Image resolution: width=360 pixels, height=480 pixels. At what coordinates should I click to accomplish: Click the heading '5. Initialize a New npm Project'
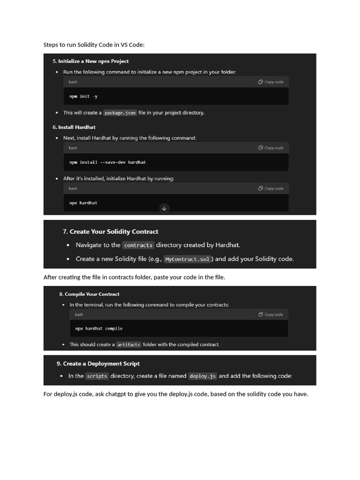click(x=90, y=61)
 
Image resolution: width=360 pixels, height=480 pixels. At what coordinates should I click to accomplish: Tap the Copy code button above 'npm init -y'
click(x=271, y=82)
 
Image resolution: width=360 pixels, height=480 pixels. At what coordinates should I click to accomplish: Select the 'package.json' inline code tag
click(x=120, y=113)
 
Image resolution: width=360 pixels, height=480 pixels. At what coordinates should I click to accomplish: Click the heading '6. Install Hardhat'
click(x=74, y=127)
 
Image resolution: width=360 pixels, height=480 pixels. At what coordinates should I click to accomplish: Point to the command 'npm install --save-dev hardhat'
click(x=107, y=162)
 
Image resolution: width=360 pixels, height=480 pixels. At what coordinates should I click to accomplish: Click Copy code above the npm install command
click(x=271, y=148)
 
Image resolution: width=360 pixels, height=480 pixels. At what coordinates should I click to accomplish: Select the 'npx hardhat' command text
click(x=83, y=203)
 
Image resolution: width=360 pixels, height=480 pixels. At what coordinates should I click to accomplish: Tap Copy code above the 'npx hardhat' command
click(x=271, y=188)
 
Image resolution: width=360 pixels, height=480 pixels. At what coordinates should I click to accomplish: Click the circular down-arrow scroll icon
click(x=164, y=208)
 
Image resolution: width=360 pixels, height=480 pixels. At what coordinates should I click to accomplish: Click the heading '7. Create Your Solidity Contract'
click(x=110, y=232)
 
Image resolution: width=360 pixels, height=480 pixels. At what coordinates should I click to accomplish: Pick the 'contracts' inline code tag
click(x=138, y=245)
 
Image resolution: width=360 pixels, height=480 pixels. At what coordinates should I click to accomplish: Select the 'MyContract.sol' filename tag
click(x=187, y=259)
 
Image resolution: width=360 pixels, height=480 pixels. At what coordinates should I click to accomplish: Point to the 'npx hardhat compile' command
click(x=99, y=329)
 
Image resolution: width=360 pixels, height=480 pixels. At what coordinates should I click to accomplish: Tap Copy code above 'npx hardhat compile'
click(x=271, y=315)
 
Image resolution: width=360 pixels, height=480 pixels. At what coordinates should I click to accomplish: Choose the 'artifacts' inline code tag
click(x=128, y=345)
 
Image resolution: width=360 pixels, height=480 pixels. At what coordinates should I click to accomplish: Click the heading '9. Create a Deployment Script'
click(x=98, y=364)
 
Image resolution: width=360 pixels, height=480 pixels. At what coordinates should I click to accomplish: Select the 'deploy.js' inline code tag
click(x=202, y=376)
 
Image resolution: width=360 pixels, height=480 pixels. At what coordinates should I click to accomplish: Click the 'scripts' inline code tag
click(x=97, y=376)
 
